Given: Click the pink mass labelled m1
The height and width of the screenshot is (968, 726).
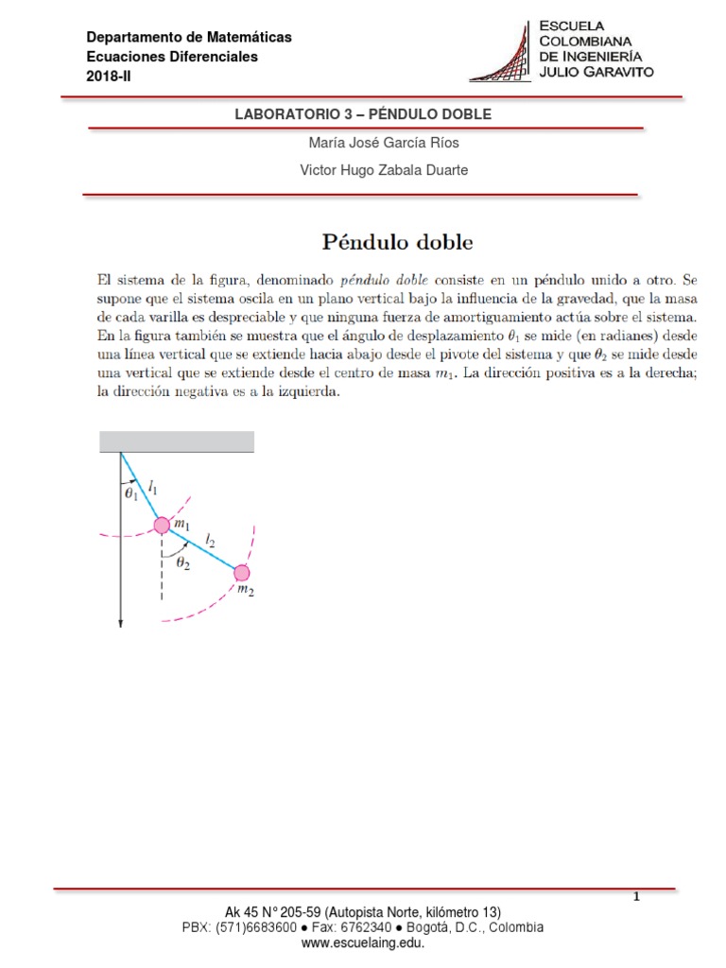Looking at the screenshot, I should (x=162, y=526).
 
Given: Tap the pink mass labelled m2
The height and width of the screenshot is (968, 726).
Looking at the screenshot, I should (x=242, y=573).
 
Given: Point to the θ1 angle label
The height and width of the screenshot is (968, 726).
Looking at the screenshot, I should (x=130, y=492).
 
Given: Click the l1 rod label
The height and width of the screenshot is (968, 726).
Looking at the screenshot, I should (x=153, y=488).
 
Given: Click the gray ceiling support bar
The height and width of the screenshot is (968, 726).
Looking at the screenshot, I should (x=177, y=441).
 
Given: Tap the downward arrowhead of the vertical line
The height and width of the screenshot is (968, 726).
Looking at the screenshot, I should (x=121, y=620).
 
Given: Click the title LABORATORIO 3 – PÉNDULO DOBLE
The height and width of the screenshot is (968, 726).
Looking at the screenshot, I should (x=363, y=113).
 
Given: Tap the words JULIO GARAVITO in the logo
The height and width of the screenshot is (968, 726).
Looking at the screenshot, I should (x=596, y=72).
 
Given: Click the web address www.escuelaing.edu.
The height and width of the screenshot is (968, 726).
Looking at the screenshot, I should (x=363, y=942).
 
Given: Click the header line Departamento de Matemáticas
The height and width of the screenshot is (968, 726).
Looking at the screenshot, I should (x=189, y=38).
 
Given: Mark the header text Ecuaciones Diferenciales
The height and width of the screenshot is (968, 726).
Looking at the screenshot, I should (x=172, y=57).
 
